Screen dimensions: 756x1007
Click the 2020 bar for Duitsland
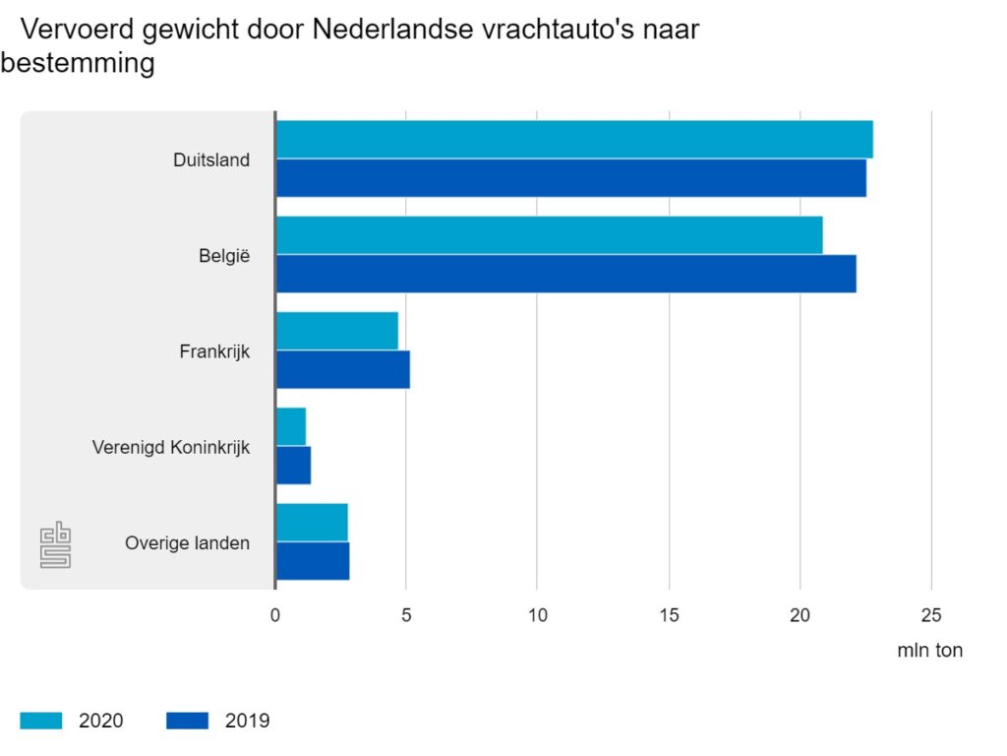tap(573, 140)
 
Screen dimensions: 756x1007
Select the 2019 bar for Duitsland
tap(570, 178)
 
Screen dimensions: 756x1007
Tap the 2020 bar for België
tap(549, 235)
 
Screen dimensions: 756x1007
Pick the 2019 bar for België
tap(565, 274)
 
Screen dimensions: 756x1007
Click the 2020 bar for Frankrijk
tap(336, 331)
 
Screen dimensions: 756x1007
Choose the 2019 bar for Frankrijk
tap(342, 369)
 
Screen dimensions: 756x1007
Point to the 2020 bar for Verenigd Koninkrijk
tap(291, 426)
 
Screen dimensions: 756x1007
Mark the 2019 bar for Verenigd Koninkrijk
tap(293, 465)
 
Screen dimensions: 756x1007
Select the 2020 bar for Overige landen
tap(312, 522)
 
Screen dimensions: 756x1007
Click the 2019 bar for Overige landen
tap(313, 560)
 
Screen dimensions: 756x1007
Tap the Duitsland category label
tap(211, 159)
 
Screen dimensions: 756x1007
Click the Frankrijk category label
tap(214, 351)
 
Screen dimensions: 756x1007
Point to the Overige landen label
tap(187, 542)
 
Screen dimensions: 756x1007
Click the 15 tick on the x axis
tap(669, 615)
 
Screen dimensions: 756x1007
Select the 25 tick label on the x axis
tap(931, 615)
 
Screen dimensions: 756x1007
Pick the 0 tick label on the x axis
tap(275, 615)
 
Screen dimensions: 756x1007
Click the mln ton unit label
tap(929, 651)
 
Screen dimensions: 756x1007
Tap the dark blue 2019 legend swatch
tap(188, 721)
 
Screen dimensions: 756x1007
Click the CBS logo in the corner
tap(55, 546)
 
